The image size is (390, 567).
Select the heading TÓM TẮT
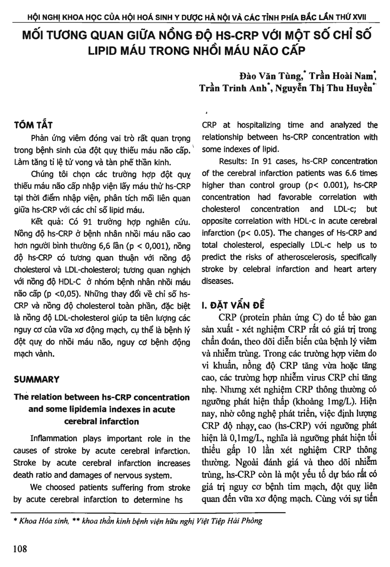(33, 125)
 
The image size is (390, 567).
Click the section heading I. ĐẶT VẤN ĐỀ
(233, 305)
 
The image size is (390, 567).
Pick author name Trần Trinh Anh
(234, 88)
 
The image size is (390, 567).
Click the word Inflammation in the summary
(54, 439)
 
